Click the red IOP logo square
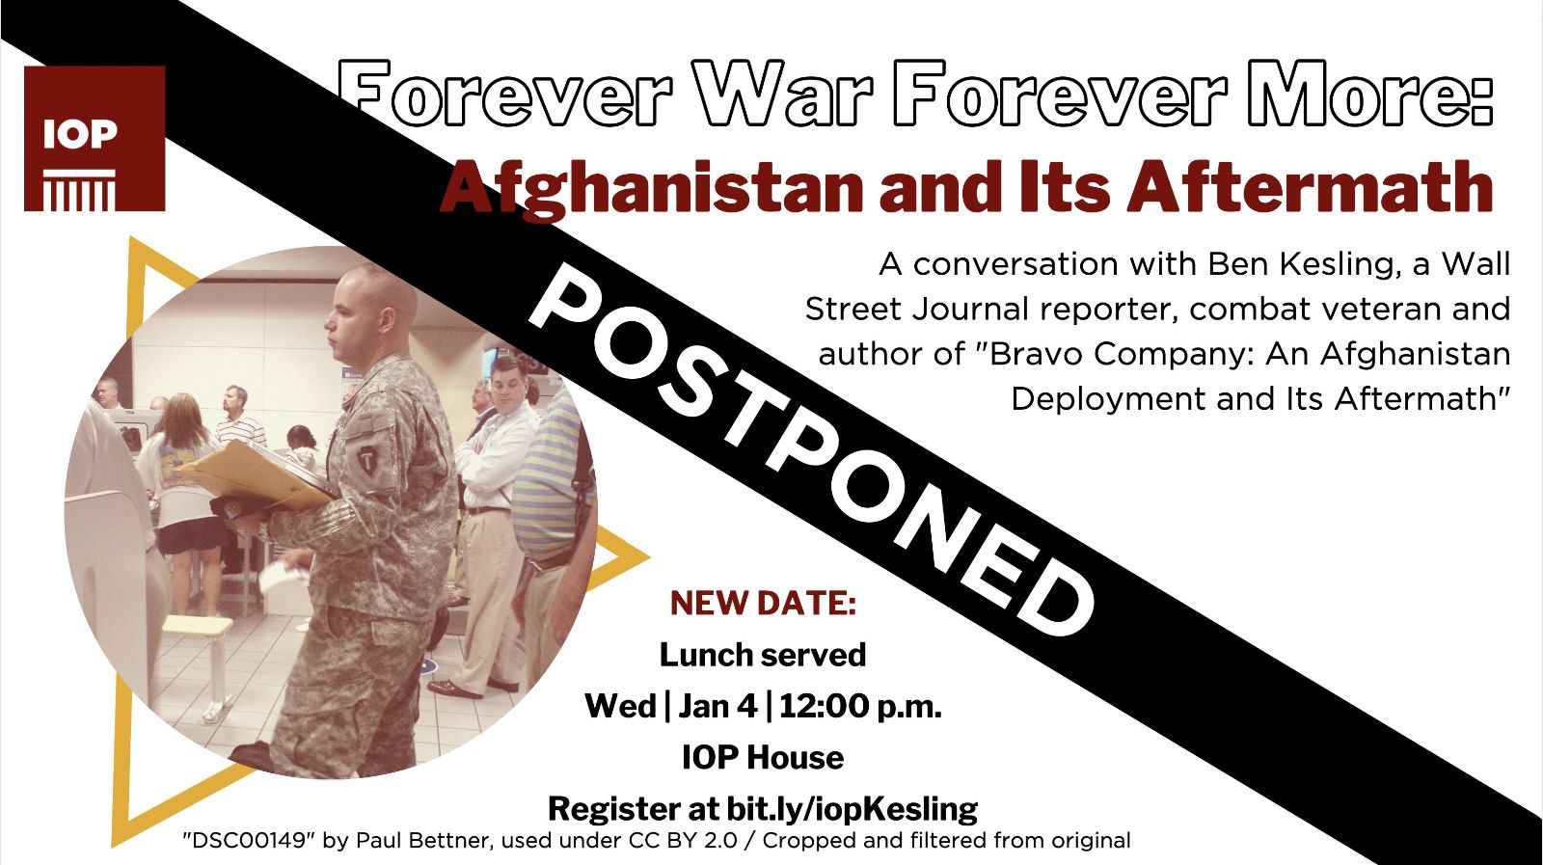95,139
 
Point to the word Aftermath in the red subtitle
1309,187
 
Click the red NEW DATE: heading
763,604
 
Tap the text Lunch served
763,655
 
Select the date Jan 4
717,707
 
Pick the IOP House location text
763,758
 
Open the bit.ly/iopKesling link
853,809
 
